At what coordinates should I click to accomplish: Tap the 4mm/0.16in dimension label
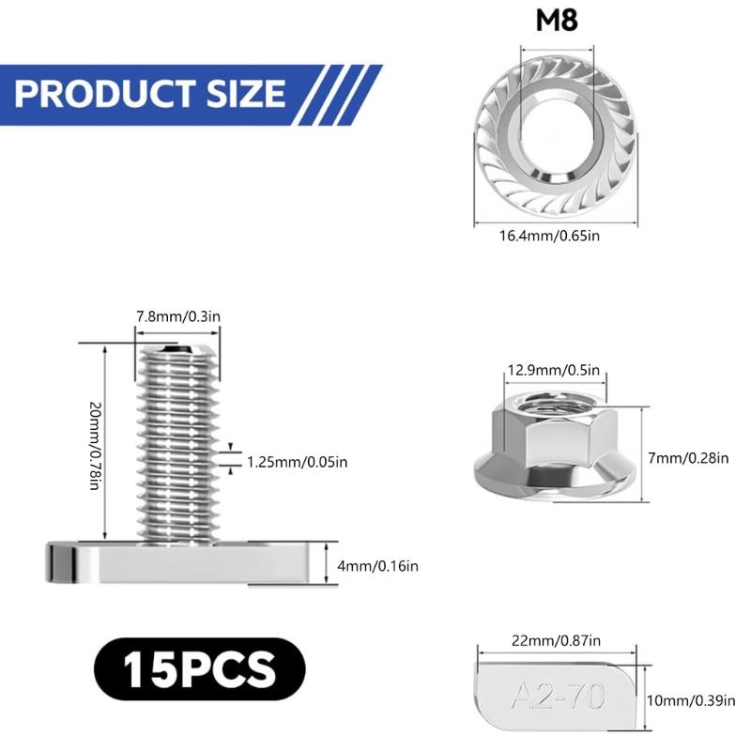pos(380,565)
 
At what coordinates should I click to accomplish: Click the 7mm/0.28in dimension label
pos(688,458)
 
